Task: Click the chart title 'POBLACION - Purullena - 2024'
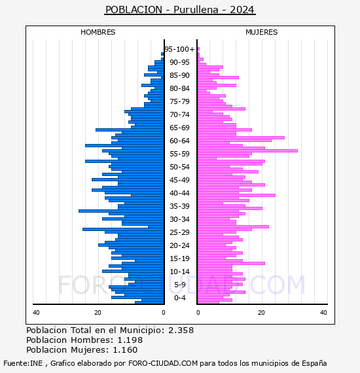point(180,10)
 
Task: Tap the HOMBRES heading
point(98,32)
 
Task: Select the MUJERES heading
point(262,32)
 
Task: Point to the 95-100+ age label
point(179,49)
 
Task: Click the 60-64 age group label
point(179,141)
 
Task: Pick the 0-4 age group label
point(179,298)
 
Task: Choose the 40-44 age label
point(179,193)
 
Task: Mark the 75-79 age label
point(179,101)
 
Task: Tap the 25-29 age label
point(179,232)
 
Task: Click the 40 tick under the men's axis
point(36,312)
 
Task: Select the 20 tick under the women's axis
point(261,312)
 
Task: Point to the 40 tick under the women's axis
point(323,312)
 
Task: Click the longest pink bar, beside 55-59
point(247,151)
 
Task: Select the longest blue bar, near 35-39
point(121,211)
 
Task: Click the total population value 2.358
point(181,330)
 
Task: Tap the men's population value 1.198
point(130,340)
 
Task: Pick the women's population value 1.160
point(125,349)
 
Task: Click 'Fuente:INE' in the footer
point(23,363)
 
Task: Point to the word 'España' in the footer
point(314,363)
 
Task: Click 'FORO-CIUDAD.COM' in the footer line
point(163,363)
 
